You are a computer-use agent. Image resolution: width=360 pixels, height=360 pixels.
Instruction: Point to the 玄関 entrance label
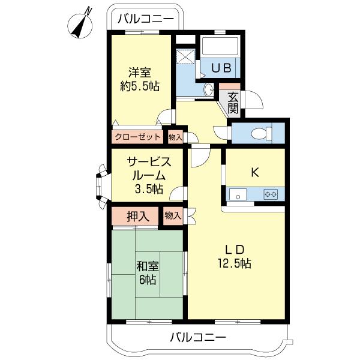coord(233,103)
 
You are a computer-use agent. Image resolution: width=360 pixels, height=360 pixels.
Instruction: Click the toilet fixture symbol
coord(259,133)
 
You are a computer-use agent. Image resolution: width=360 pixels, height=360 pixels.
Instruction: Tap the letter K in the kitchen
coord(254,173)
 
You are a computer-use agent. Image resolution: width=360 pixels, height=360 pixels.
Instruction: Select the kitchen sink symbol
coord(238,194)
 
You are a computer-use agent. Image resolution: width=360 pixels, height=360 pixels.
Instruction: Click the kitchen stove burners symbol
coord(271,194)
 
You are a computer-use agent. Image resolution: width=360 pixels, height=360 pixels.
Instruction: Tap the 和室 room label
coord(146,266)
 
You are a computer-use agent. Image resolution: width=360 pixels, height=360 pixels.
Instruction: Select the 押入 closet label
coord(138,215)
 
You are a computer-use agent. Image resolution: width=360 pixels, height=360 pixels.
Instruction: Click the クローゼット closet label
coord(138,137)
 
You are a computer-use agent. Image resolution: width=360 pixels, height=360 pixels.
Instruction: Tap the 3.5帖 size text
coord(148,189)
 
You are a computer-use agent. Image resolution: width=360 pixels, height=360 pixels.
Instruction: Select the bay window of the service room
coord(99,185)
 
